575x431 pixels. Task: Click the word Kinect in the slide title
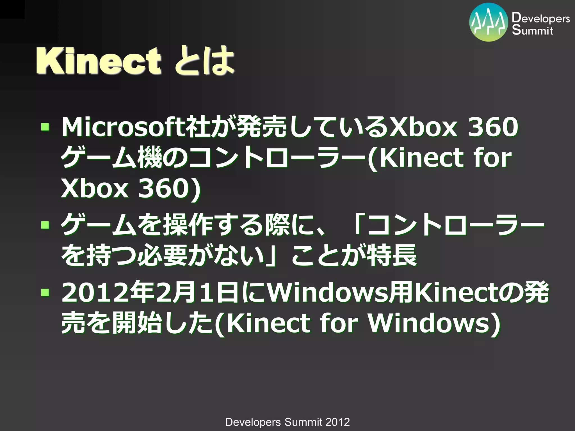coord(98,61)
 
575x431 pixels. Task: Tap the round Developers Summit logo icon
coord(489,22)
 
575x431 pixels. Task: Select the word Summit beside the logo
coord(532,30)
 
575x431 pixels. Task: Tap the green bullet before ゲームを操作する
coord(45,224)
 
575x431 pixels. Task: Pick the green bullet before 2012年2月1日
coord(45,293)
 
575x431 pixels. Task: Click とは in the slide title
coord(204,61)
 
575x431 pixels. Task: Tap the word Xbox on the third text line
coord(95,188)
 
